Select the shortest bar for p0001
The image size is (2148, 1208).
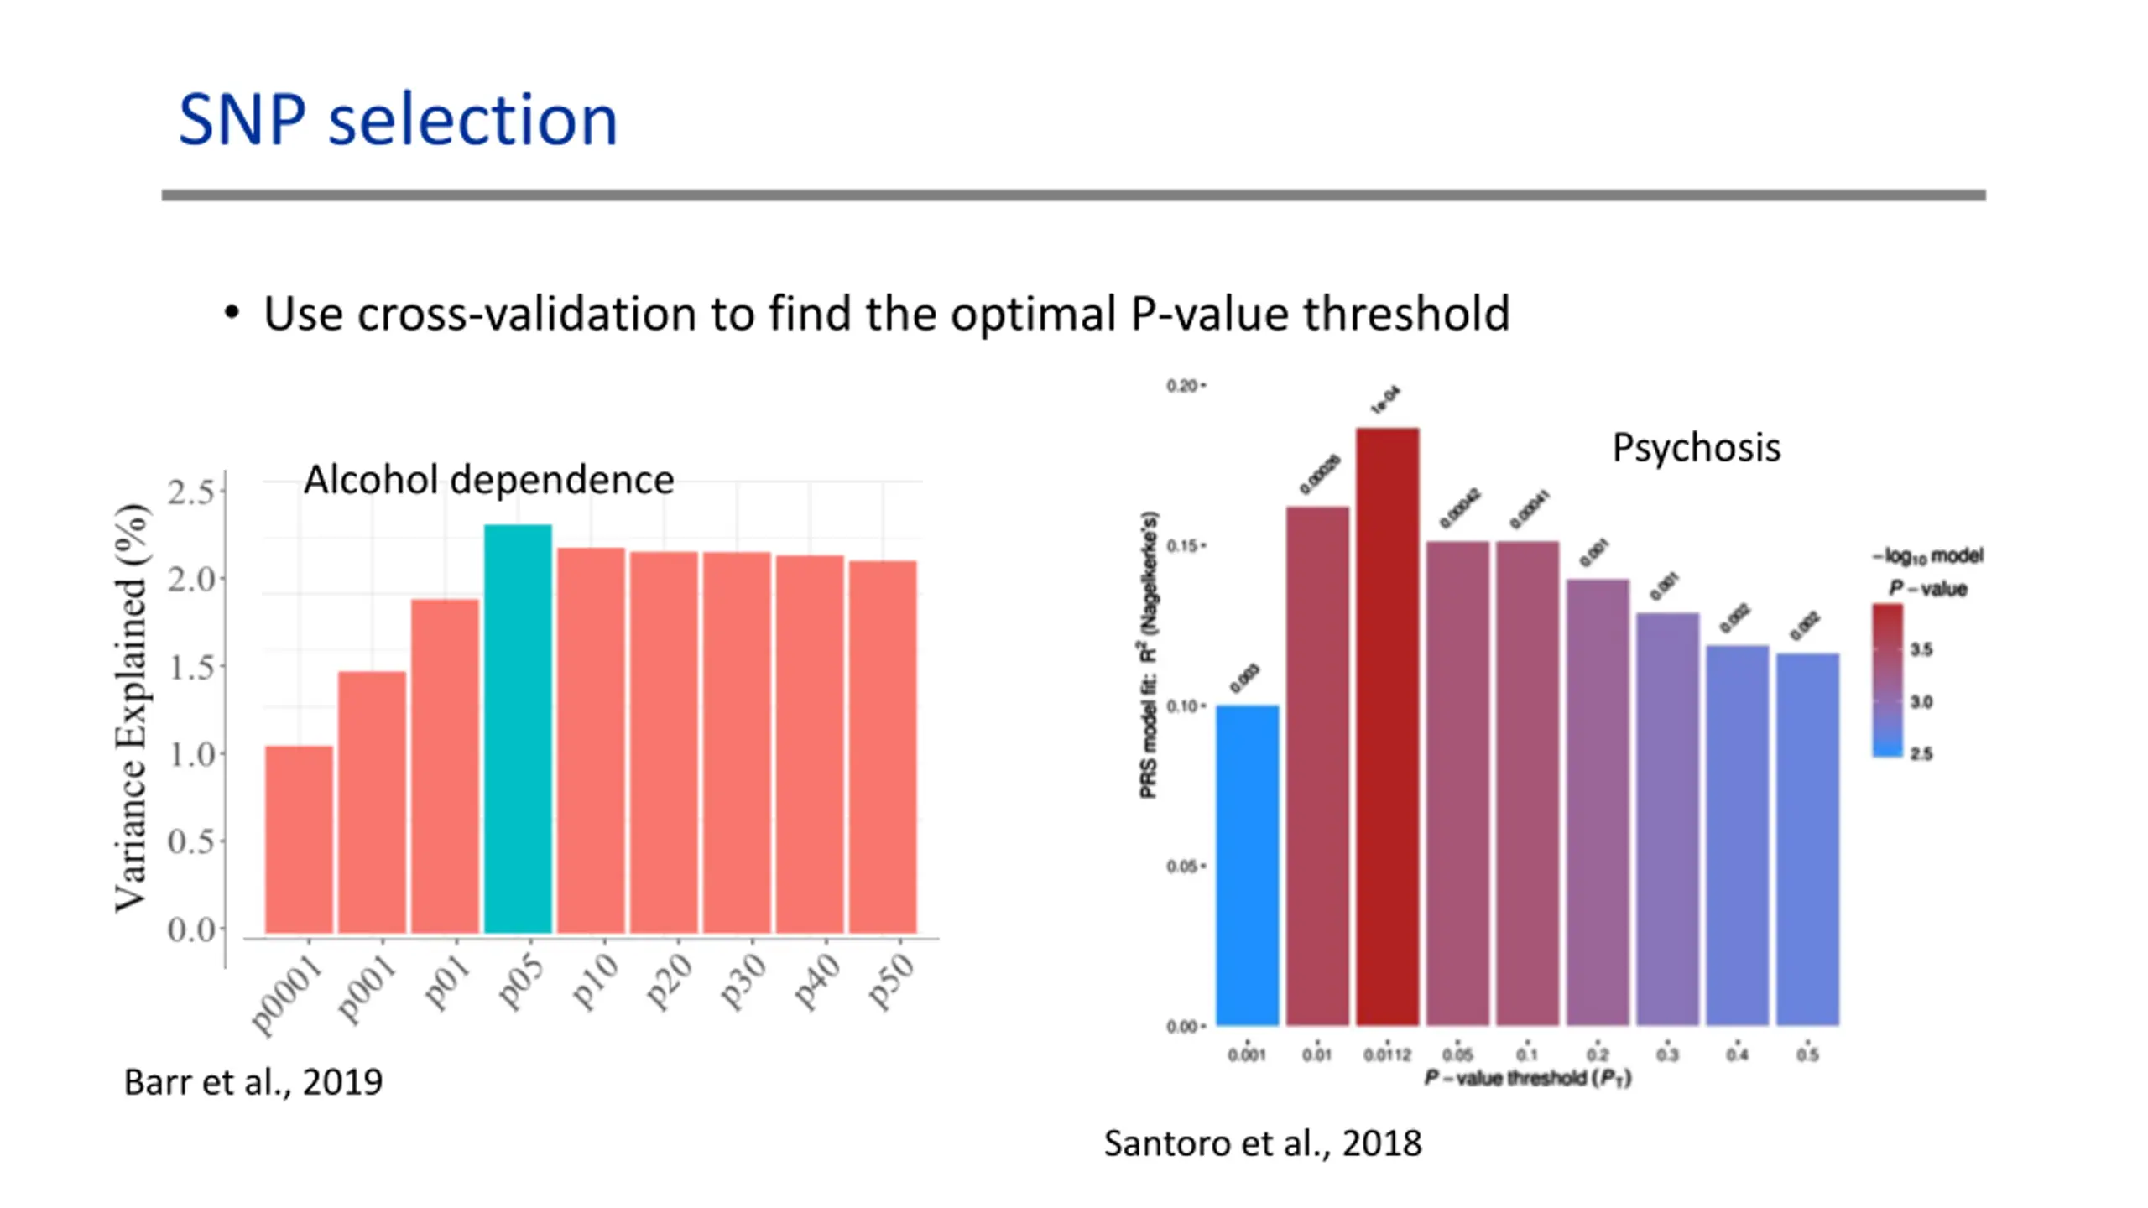pyautogui.click(x=299, y=839)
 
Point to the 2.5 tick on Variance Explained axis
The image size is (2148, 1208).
pyautogui.click(x=191, y=492)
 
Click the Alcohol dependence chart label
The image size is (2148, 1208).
pyautogui.click(x=488, y=480)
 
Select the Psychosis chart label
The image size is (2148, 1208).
pyautogui.click(x=1696, y=447)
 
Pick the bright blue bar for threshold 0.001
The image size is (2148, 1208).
pyautogui.click(x=1247, y=864)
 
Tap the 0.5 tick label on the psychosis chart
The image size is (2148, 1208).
pyautogui.click(x=1807, y=1054)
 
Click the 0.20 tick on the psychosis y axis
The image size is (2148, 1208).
pyautogui.click(x=1182, y=386)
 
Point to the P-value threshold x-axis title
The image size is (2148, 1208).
pyautogui.click(x=1527, y=1078)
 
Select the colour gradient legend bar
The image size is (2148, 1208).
pyautogui.click(x=1887, y=679)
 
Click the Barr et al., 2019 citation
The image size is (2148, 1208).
pyautogui.click(x=253, y=1082)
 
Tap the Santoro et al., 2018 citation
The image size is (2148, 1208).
pyautogui.click(x=1262, y=1143)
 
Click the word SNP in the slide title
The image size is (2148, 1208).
pyautogui.click(x=242, y=120)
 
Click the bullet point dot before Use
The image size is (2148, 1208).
pyautogui.click(x=232, y=314)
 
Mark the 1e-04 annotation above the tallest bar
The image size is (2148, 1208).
pyautogui.click(x=1384, y=400)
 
